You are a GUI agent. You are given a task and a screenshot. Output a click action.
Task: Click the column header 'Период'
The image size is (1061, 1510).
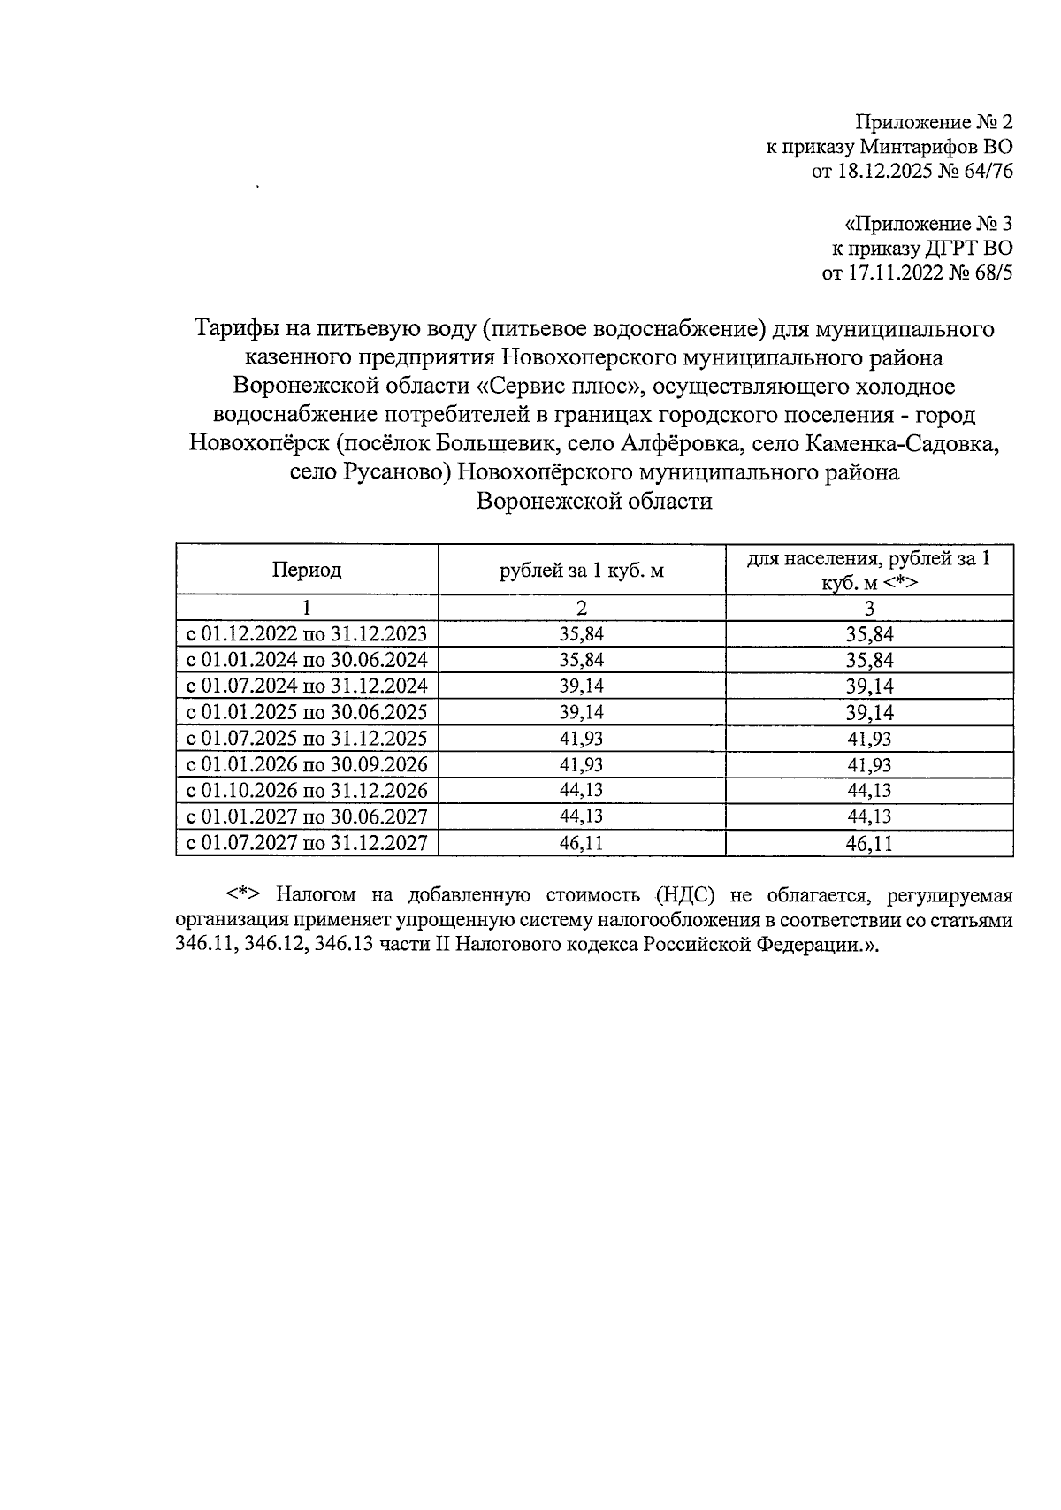[306, 570]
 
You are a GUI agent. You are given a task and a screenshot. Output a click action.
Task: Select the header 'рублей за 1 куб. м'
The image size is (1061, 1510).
[581, 570]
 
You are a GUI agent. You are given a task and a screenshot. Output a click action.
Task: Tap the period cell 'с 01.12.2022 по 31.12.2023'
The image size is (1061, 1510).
[306, 633]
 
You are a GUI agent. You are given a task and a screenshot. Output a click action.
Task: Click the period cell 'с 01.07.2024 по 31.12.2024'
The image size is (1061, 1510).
[306, 686]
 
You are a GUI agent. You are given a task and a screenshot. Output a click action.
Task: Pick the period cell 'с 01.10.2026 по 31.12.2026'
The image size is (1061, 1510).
[306, 790]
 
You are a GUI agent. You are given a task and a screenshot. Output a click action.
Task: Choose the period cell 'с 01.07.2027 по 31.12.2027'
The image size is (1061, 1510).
[306, 843]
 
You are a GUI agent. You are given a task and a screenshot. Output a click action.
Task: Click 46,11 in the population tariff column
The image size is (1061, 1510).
[868, 843]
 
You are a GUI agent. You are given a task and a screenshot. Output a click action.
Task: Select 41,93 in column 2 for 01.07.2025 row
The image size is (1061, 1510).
[581, 738]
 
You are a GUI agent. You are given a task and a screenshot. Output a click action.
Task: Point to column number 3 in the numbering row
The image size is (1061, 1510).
[868, 608]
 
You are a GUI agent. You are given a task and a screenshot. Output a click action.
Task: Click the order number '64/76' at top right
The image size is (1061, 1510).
[984, 172]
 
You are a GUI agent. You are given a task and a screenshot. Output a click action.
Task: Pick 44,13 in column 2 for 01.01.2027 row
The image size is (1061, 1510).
[581, 816]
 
